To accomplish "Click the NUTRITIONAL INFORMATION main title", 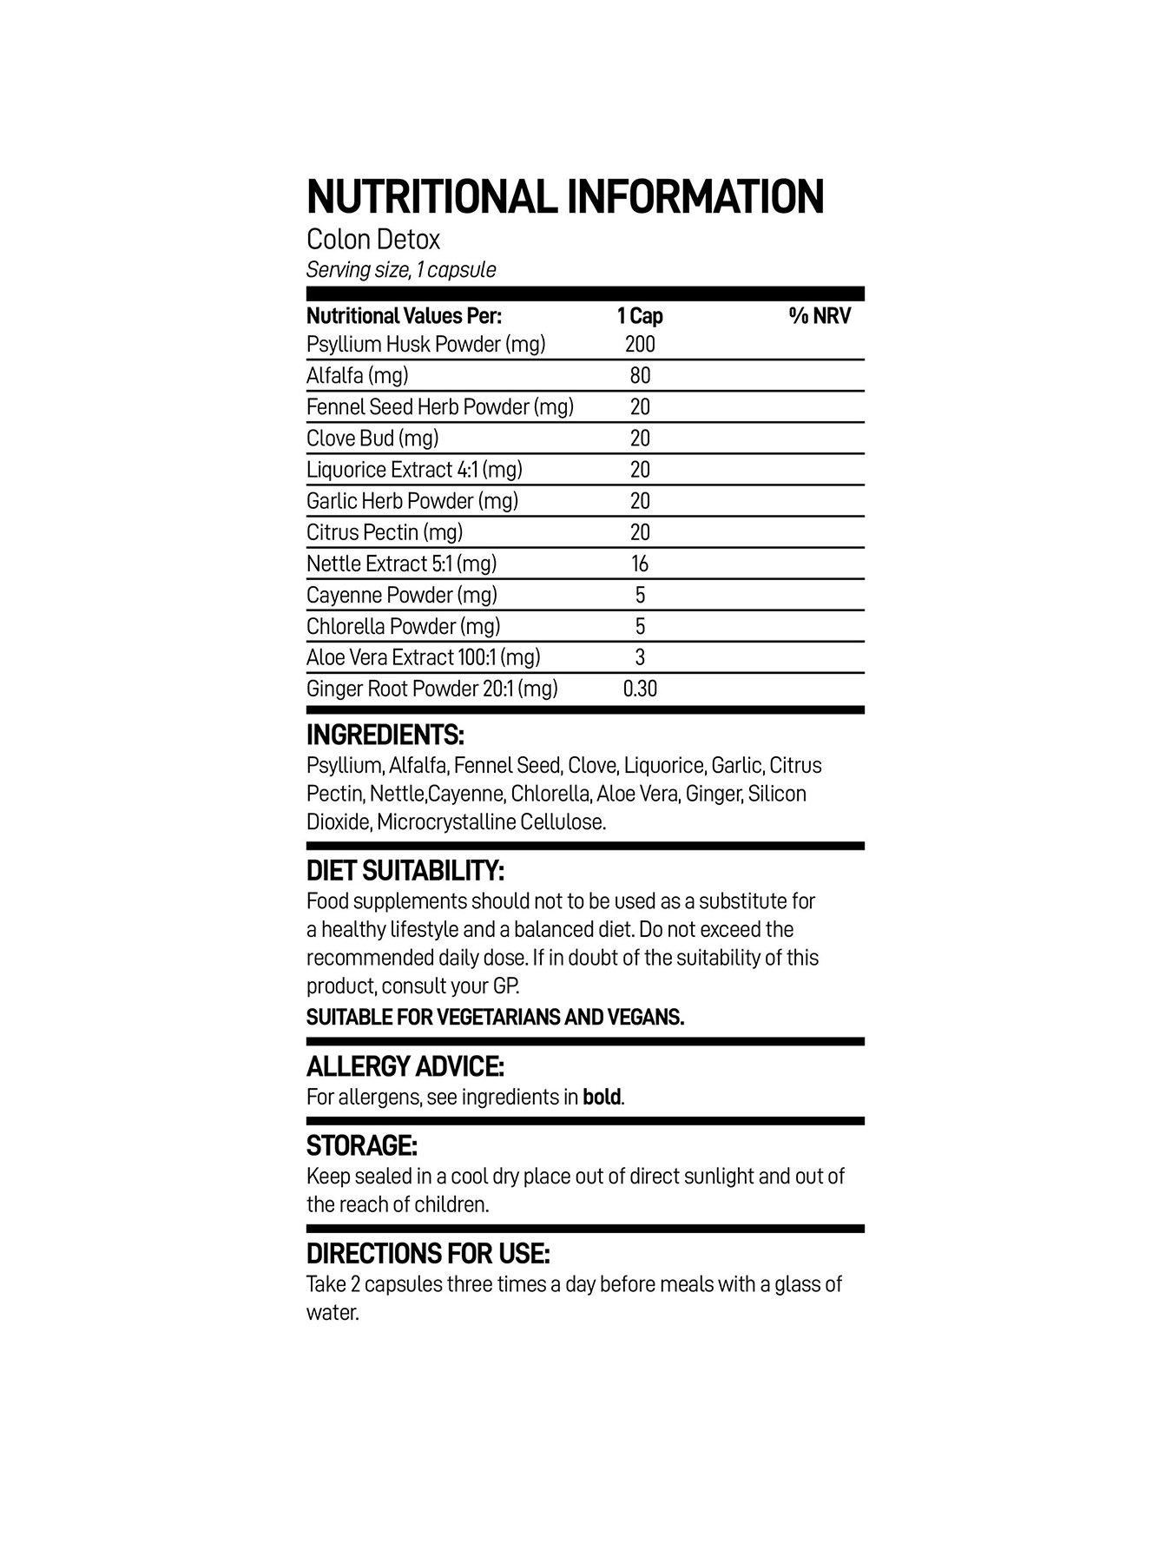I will point(565,196).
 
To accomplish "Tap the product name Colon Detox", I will point(373,239).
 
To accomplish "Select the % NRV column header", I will point(820,315).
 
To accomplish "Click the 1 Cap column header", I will point(640,315).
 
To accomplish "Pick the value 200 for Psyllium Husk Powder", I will point(640,345).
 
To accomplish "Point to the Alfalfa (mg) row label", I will point(357,375).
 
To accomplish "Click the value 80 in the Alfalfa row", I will point(640,376).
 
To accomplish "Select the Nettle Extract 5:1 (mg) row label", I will point(401,564).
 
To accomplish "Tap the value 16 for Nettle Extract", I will point(640,564).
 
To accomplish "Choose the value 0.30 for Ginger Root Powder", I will point(640,689).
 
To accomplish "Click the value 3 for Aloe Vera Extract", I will point(640,658).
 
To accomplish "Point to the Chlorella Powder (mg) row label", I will point(403,626).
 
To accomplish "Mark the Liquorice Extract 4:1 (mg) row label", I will point(414,470).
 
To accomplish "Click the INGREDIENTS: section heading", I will point(385,735).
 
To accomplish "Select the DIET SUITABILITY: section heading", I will point(405,871).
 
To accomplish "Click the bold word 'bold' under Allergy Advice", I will point(602,1097).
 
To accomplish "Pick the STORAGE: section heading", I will point(361,1145).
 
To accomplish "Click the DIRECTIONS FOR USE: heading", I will point(428,1254).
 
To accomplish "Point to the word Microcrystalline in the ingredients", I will point(446,821).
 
